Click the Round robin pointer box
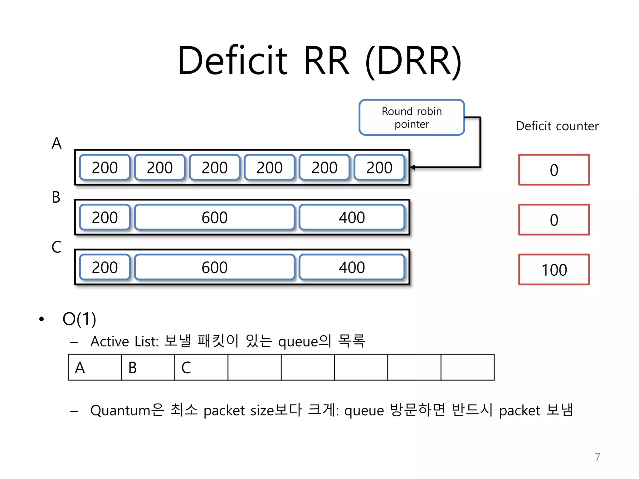click(412, 118)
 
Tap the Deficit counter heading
click(557, 126)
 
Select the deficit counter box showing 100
click(554, 269)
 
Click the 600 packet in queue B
click(214, 217)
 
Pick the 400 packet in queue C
click(352, 267)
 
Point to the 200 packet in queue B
click(105, 217)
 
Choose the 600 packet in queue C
click(214, 267)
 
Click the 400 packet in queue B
click(352, 217)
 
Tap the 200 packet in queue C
click(105, 267)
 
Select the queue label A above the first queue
click(56, 143)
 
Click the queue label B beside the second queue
click(56, 197)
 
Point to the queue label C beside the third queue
click(56, 247)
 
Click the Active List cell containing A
click(95, 367)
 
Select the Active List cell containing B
click(148, 367)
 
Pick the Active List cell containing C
click(201, 367)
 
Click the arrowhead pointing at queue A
click(413, 167)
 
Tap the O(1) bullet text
click(79, 319)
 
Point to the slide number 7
click(597, 457)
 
